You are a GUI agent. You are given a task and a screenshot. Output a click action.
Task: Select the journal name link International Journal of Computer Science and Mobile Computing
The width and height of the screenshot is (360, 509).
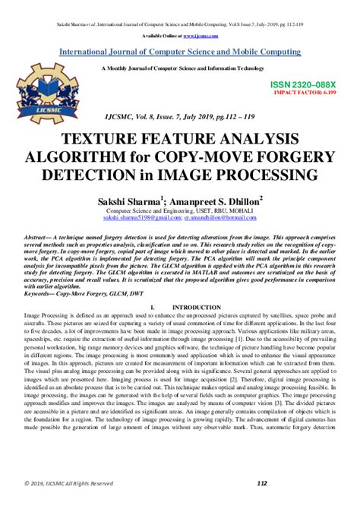(x=180, y=52)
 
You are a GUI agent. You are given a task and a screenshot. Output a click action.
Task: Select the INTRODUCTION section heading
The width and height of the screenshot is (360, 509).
(x=196, y=307)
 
